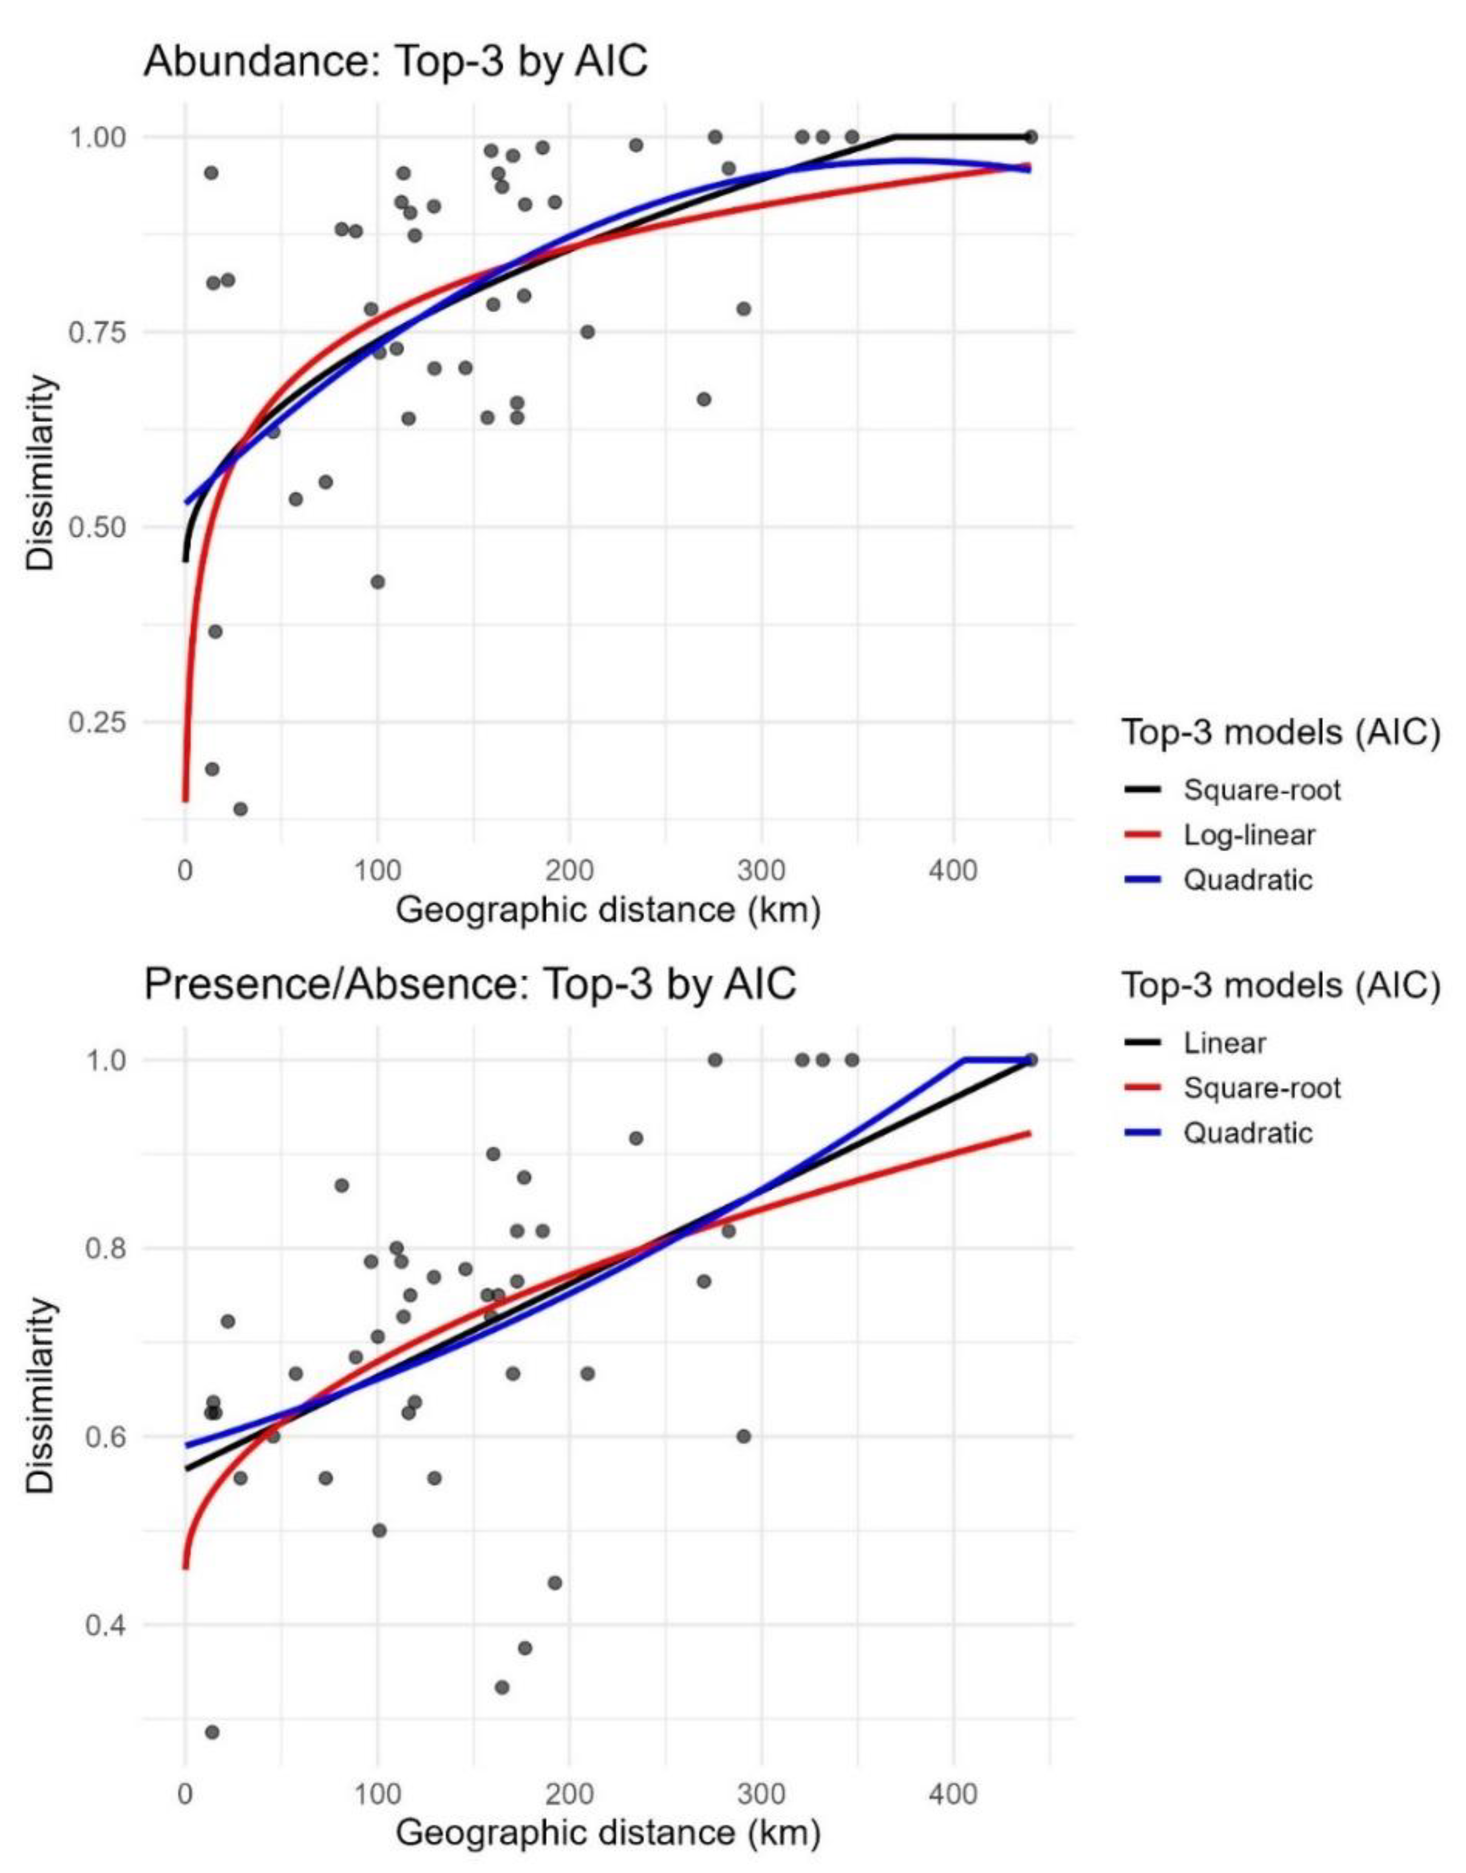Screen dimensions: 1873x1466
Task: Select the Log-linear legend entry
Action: point(1249,834)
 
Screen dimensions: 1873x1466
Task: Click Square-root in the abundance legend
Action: point(1262,789)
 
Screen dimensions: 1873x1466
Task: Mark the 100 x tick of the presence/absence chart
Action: point(377,1792)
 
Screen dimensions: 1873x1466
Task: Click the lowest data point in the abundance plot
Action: point(240,808)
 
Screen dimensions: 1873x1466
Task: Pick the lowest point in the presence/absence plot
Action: point(212,1732)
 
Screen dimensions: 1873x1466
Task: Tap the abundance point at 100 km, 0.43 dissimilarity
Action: point(377,582)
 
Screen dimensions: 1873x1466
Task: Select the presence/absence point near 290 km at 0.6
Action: point(744,1436)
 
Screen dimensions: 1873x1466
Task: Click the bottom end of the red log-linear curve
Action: point(185,800)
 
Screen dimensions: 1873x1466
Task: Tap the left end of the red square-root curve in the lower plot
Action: point(185,1567)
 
